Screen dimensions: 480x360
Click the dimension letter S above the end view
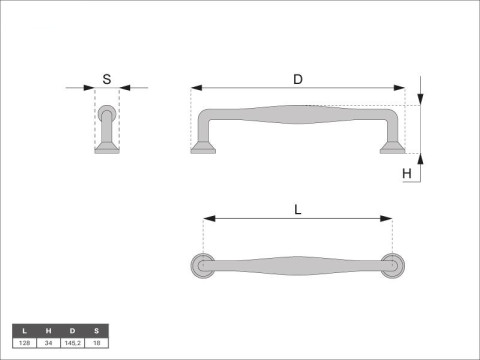pyautogui.click(x=107, y=79)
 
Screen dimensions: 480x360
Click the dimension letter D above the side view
pyautogui.click(x=298, y=79)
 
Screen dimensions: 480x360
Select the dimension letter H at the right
pyautogui.click(x=407, y=174)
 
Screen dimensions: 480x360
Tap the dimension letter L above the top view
pyautogui.click(x=298, y=210)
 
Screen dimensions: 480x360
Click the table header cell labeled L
pyautogui.click(x=24, y=331)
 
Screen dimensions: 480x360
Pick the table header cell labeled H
pyautogui.click(x=48, y=331)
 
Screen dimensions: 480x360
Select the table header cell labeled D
pyautogui.click(x=72, y=331)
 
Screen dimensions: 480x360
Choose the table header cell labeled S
pyautogui.click(x=97, y=331)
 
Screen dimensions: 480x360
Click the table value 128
pyautogui.click(x=24, y=343)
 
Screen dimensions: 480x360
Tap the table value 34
pyautogui.click(x=48, y=343)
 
